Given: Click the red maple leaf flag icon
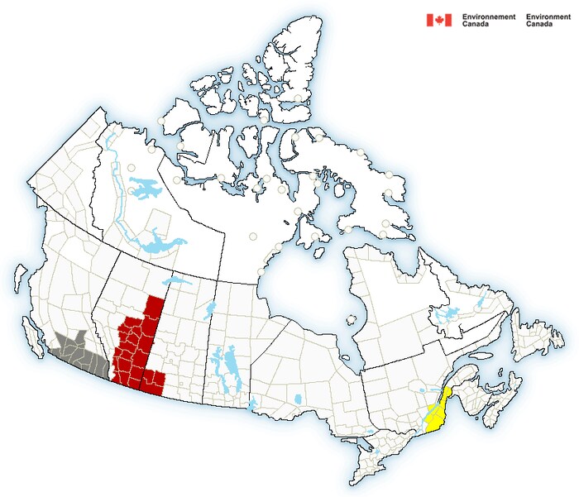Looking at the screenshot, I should click(x=438, y=20).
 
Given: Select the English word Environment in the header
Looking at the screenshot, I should click(x=548, y=17).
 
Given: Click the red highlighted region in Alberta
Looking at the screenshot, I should click(x=136, y=347).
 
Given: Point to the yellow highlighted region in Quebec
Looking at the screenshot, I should click(x=438, y=409).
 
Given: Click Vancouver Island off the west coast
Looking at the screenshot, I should click(x=33, y=337).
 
